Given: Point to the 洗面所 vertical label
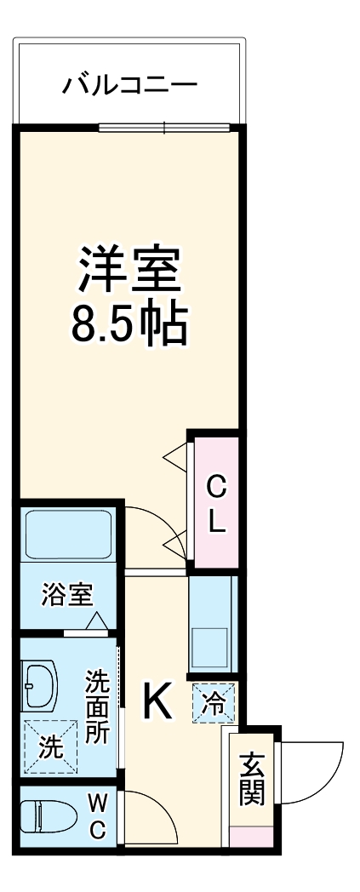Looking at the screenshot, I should click(x=98, y=706).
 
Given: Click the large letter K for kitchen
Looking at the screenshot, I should click(x=157, y=701).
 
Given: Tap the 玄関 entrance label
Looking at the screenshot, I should click(x=252, y=779).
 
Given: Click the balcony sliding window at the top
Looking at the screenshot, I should click(x=164, y=129).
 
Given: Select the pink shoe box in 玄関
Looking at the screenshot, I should click(x=252, y=836).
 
